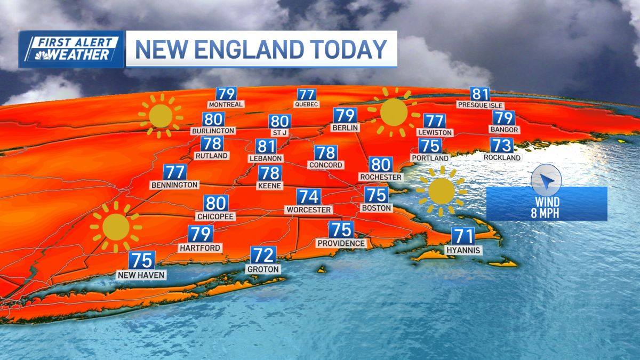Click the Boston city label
click(x=377, y=207)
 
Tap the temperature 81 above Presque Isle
click(x=480, y=94)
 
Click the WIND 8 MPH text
click(x=547, y=208)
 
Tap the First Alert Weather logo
click(x=71, y=50)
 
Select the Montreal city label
click(x=226, y=105)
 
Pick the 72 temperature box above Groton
click(x=263, y=255)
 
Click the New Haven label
click(x=142, y=275)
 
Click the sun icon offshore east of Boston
click(x=441, y=191)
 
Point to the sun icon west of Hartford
click(x=116, y=227)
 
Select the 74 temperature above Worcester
click(x=308, y=196)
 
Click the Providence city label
click(x=341, y=243)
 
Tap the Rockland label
click(x=502, y=158)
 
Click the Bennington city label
click(x=174, y=185)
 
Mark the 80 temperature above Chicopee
click(x=216, y=203)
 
